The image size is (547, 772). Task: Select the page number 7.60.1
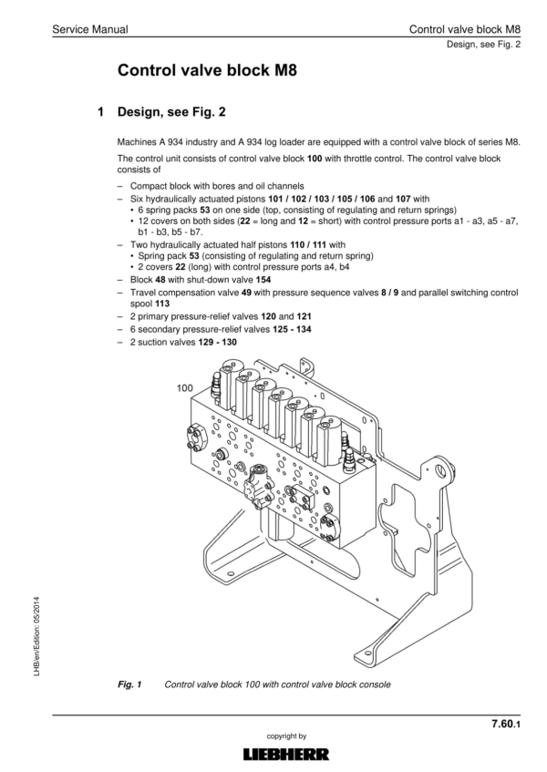506,724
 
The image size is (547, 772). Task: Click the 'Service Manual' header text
90,29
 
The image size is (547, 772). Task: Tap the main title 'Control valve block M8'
207,70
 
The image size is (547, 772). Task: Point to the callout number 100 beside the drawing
185,388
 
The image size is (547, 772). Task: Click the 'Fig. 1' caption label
129,685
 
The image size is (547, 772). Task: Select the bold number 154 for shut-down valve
263,280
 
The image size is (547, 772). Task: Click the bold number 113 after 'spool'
162,304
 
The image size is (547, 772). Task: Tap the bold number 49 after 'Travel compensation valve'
247,293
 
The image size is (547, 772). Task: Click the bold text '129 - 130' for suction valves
217,342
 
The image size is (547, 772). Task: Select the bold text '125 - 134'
292,329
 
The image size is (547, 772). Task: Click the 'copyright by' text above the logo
286,736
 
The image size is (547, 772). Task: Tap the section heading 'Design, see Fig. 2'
171,112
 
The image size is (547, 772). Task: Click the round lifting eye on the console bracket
440,471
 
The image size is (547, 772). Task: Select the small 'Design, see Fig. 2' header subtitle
483,45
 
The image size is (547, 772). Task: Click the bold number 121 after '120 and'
304,316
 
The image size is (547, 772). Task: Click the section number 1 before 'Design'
101,112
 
